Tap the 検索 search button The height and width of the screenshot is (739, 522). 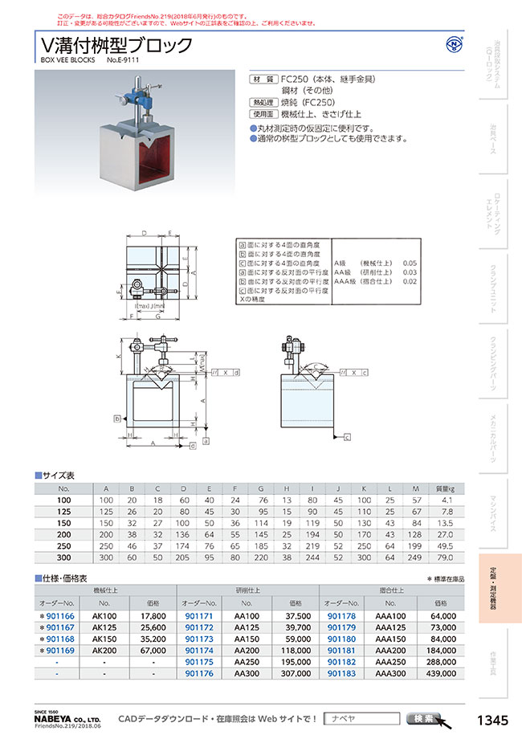(422, 718)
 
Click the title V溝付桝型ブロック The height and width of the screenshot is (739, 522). (116, 44)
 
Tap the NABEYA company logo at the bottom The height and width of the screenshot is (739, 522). (68, 719)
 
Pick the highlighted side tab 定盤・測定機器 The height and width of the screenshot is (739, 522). (498, 588)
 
